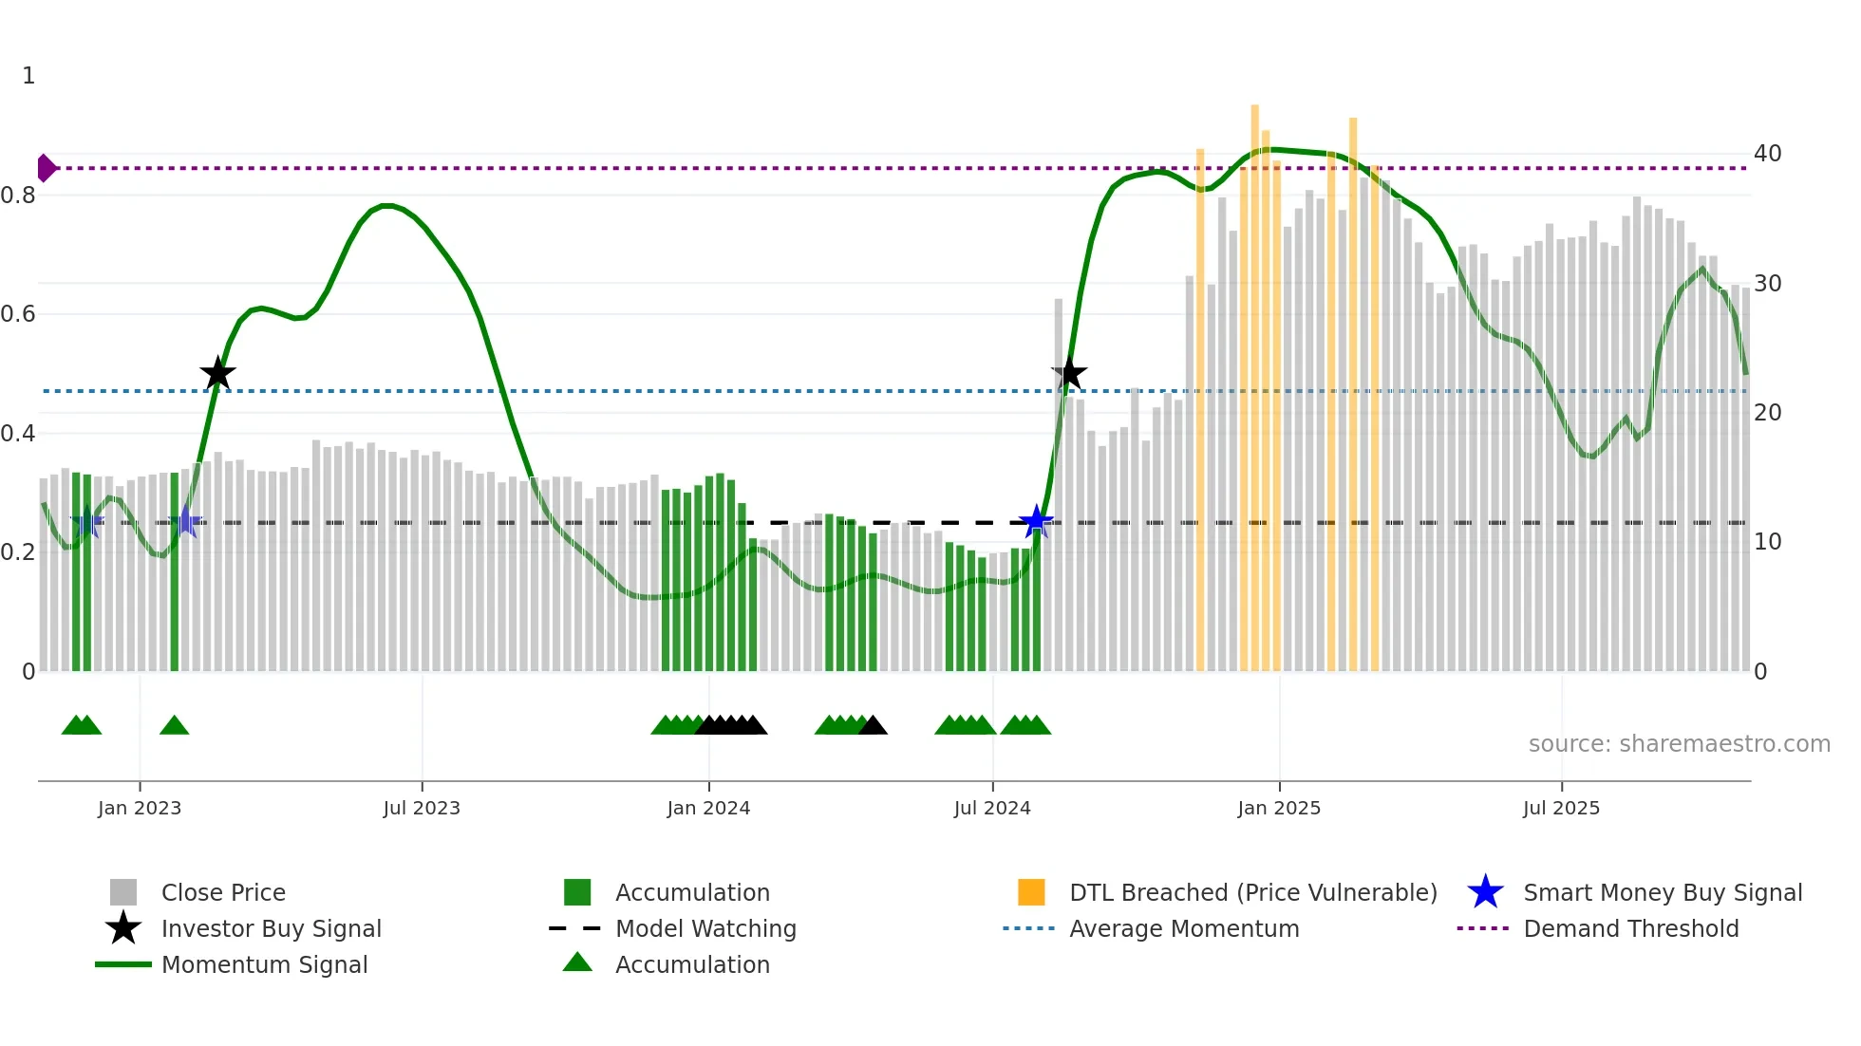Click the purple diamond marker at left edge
pos(46,168)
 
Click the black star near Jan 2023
pos(217,373)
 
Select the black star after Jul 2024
pos(1069,373)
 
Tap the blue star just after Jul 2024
pos(1036,521)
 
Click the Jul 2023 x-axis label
pos(422,808)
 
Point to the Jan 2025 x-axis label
pos(1279,808)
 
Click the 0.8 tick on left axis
pos(18,196)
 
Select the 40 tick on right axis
pos(1767,154)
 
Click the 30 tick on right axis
pos(1767,283)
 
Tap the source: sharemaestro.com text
pos(1679,744)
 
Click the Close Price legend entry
pos(222,892)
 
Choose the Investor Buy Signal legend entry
pos(271,928)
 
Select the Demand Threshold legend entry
pos(1630,928)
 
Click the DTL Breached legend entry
pos(1252,892)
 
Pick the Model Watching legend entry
pos(705,928)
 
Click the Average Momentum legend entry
pos(1184,928)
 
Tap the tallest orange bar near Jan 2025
pos(1254,380)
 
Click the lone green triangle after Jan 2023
pos(175,725)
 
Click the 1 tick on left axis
pos(28,76)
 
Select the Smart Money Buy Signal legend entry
pos(1662,892)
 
